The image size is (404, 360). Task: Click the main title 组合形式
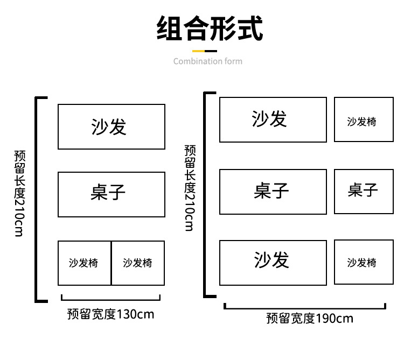point(209,29)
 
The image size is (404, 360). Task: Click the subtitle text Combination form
point(208,61)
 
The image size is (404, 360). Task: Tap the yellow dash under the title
point(200,52)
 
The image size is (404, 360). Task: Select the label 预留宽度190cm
point(310,318)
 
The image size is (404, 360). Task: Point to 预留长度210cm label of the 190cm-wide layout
point(189,188)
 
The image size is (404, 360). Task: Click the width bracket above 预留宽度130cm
point(111,298)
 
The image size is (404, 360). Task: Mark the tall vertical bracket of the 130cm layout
point(37,200)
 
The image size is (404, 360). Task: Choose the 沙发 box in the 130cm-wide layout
point(112,126)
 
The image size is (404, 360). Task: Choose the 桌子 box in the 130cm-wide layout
point(112,194)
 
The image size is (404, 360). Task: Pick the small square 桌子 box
point(363,191)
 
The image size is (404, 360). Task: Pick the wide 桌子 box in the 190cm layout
point(273,191)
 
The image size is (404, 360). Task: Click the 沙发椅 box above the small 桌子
point(363,119)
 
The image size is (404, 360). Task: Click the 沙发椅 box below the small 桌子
point(363,262)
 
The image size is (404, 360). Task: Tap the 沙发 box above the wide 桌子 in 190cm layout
point(273,119)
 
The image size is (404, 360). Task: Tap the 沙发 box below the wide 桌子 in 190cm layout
point(273,262)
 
